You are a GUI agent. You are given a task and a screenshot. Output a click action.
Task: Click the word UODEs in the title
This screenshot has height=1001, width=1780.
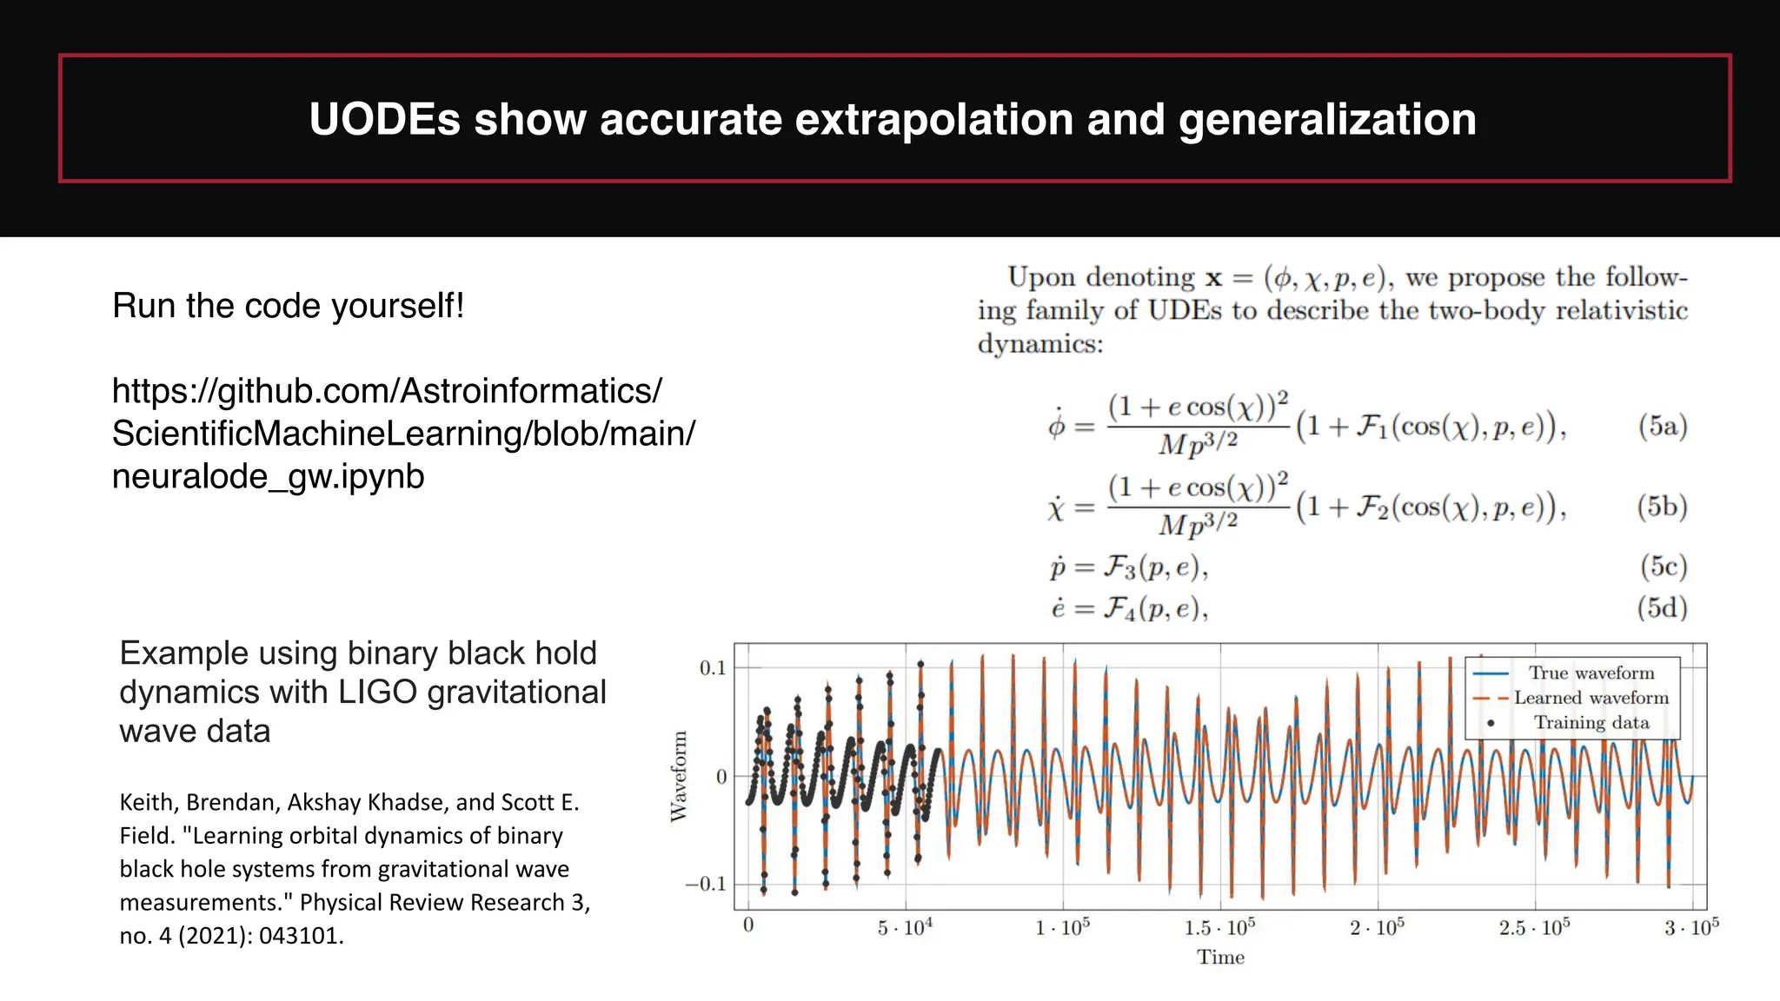pyautogui.click(x=384, y=119)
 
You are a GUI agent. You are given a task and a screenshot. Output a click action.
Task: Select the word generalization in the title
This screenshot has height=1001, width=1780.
pyautogui.click(x=1327, y=119)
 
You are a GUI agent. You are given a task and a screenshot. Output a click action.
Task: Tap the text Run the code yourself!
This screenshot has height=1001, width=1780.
pyautogui.click(x=288, y=306)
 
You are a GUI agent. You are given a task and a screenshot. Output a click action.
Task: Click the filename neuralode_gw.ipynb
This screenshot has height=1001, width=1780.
pyautogui.click(x=268, y=476)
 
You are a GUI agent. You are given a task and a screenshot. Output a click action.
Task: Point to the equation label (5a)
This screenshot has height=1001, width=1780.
pyautogui.click(x=1662, y=426)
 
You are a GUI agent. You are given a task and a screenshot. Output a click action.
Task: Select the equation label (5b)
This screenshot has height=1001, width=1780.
pyautogui.click(x=1662, y=506)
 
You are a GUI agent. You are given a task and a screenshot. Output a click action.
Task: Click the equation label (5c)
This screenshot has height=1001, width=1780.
pyautogui.click(x=1663, y=567)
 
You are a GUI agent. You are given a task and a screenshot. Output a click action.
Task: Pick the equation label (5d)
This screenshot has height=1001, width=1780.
pyautogui.click(x=1662, y=607)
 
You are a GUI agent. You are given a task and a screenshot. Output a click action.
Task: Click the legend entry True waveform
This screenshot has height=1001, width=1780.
pyautogui.click(x=1591, y=673)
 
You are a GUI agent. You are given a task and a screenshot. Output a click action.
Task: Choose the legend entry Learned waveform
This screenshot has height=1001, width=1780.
pyautogui.click(x=1591, y=698)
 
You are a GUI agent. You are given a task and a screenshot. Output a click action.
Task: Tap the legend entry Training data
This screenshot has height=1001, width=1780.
pyautogui.click(x=1591, y=723)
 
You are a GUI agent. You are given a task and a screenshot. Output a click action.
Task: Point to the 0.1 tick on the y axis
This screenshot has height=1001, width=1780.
pyautogui.click(x=712, y=668)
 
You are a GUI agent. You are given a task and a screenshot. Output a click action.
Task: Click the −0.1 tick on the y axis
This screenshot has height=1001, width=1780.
pyautogui.click(x=706, y=885)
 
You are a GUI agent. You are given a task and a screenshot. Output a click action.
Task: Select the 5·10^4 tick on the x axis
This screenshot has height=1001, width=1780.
pyautogui.click(x=905, y=928)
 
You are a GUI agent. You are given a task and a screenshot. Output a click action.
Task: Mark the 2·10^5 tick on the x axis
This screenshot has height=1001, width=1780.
pyautogui.click(x=1377, y=928)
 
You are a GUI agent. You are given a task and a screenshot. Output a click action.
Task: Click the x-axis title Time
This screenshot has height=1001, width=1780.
pyautogui.click(x=1220, y=958)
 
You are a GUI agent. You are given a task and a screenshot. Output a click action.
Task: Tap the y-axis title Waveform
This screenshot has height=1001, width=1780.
pyautogui.click(x=679, y=776)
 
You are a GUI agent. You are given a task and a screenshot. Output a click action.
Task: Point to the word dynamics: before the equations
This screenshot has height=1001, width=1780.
pyautogui.click(x=1039, y=344)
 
